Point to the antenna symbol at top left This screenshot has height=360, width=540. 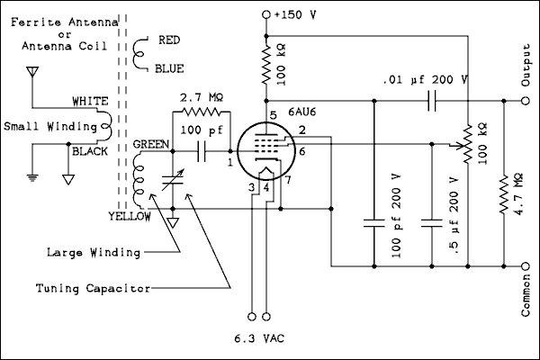[33, 71]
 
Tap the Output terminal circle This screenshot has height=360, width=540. [526, 101]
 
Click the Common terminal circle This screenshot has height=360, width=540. [526, 266]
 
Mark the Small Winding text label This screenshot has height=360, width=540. [44, 125]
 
